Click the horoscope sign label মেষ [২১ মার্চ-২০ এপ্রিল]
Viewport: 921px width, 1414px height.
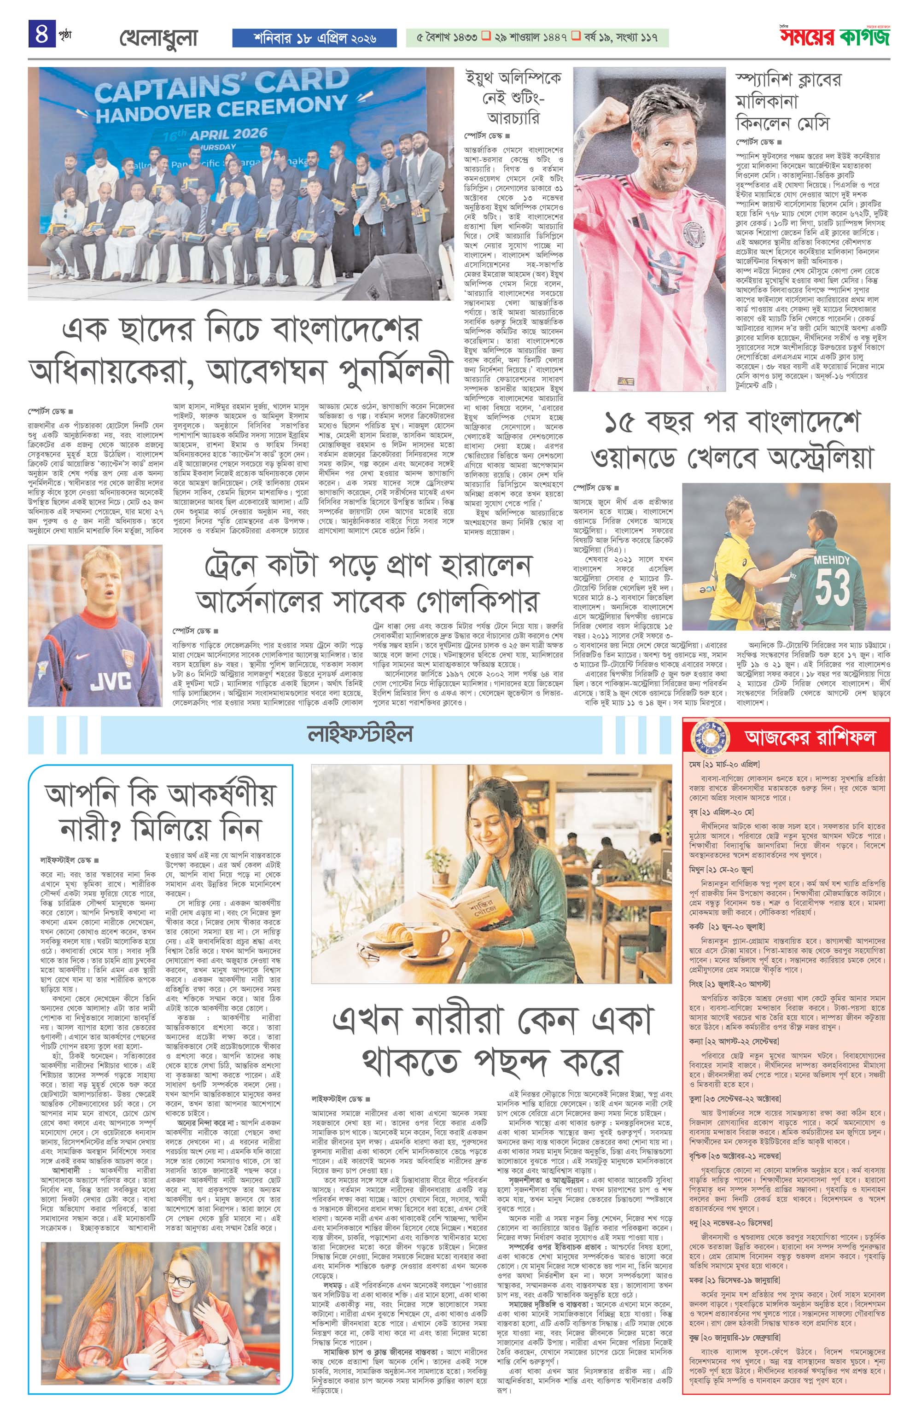tap(724, 764)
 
